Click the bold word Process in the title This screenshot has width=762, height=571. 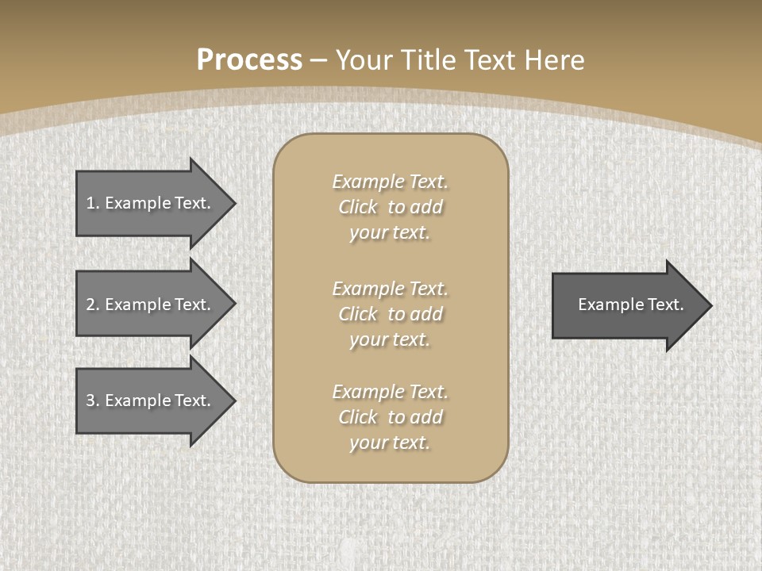[249, 60]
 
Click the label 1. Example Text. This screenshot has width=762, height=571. [148, 203]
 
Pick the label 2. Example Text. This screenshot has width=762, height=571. [148, 305]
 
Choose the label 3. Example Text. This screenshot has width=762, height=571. [148, 400]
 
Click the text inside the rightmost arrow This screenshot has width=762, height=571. [630, 305]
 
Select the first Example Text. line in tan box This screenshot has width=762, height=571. [390, 182]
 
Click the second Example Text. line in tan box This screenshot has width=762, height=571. [390, 288]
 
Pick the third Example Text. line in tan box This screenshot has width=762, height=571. [390, 392]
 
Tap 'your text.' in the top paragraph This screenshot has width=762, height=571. [390, 233]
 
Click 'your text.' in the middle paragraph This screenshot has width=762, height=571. [390, 339]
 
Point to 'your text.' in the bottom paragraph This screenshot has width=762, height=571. [390, 443]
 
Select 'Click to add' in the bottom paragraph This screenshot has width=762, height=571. [390, 417]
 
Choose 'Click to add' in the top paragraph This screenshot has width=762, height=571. [390, 207]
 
